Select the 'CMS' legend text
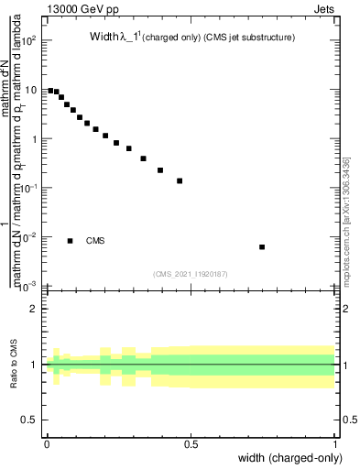click(x=95, y=241)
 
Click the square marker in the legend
click(x=71, y=241)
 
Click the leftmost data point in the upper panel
click(x=49, y=90)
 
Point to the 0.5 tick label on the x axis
click(x=191, y=444)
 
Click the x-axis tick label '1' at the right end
click(x=335, y=444)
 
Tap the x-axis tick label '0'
click(x=47, y=444)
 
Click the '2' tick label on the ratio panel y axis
click(x=33, y=309)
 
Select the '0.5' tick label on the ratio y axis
click(x=28, y=420)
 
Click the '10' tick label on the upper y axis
click(x=29, y=90)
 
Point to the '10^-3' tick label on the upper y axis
click(x=27, y=286)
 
